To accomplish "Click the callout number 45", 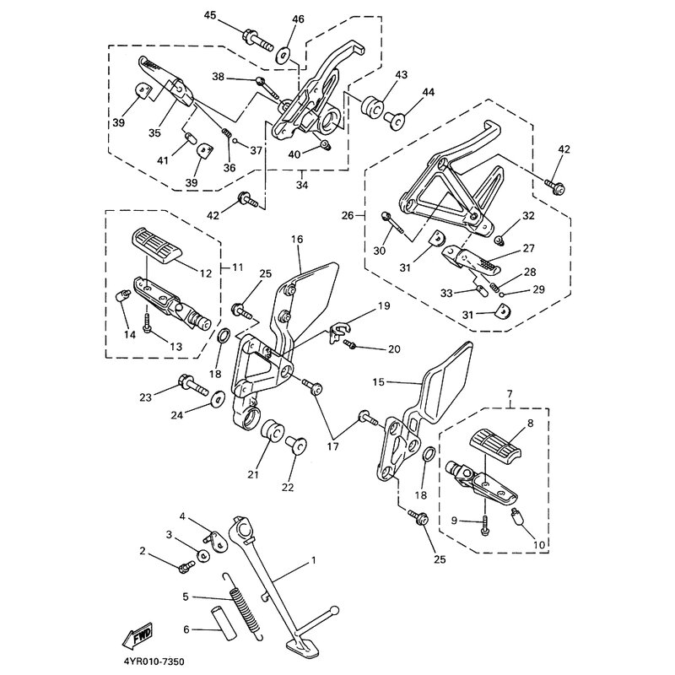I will tap(210, 15).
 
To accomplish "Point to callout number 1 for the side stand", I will tap(313, 559).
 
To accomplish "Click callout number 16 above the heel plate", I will tap(296, 240).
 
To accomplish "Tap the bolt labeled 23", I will tap(193, 390).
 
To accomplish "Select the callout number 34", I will tap(303, 184).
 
